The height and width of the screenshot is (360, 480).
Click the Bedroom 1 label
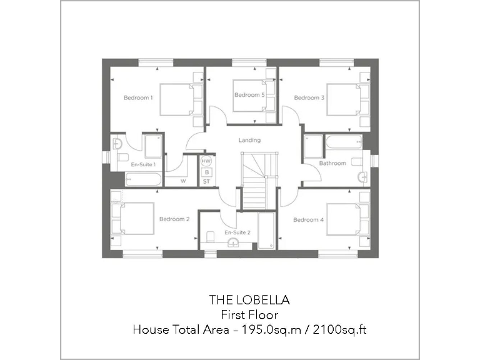pos(138,97)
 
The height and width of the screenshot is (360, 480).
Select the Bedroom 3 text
pos(309,97)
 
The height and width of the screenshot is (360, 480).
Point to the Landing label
pos(249,140)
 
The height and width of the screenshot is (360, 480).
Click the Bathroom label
pos(332,163)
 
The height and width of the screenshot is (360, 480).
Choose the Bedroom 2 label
pos(174,219)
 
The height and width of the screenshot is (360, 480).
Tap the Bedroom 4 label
pos(309,219)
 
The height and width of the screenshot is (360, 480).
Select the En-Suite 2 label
pos(237,232)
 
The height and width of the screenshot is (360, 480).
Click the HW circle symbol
pos(207,161)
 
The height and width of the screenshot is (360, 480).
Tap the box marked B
pos(207,171)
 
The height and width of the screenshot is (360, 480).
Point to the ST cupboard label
pos(207,181)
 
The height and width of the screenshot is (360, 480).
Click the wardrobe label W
pos(184,181)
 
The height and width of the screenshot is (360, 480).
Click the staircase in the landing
pos(255,181)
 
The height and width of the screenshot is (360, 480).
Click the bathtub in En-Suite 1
pos(143,180)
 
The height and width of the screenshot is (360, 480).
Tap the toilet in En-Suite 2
pos(210,236)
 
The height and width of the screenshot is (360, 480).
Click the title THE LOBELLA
pos(249,301)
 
